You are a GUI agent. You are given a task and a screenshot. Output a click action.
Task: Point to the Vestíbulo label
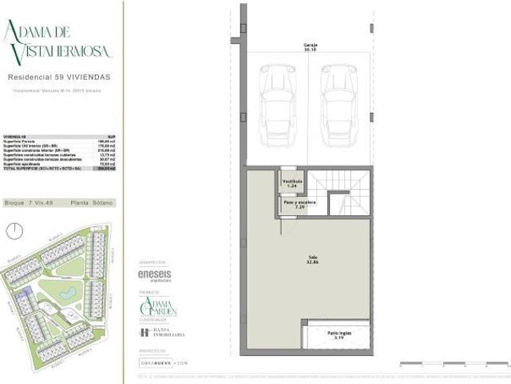point(292,183)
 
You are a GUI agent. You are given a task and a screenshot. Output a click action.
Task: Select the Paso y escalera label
point(295,205)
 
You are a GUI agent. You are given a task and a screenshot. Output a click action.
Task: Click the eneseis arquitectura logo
point(155,274)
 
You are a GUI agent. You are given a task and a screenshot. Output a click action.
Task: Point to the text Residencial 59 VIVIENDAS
point(59,78)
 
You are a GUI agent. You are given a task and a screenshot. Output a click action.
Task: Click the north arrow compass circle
point(14,231)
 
